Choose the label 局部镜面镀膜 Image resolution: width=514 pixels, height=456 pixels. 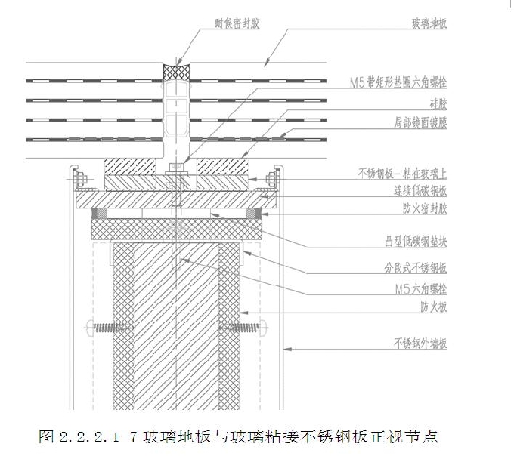point(420,122)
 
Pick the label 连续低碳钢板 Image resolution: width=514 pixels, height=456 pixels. point(420,189)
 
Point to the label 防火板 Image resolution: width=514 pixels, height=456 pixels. point(434,307)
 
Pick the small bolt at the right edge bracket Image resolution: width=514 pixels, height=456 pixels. point(272,178)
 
